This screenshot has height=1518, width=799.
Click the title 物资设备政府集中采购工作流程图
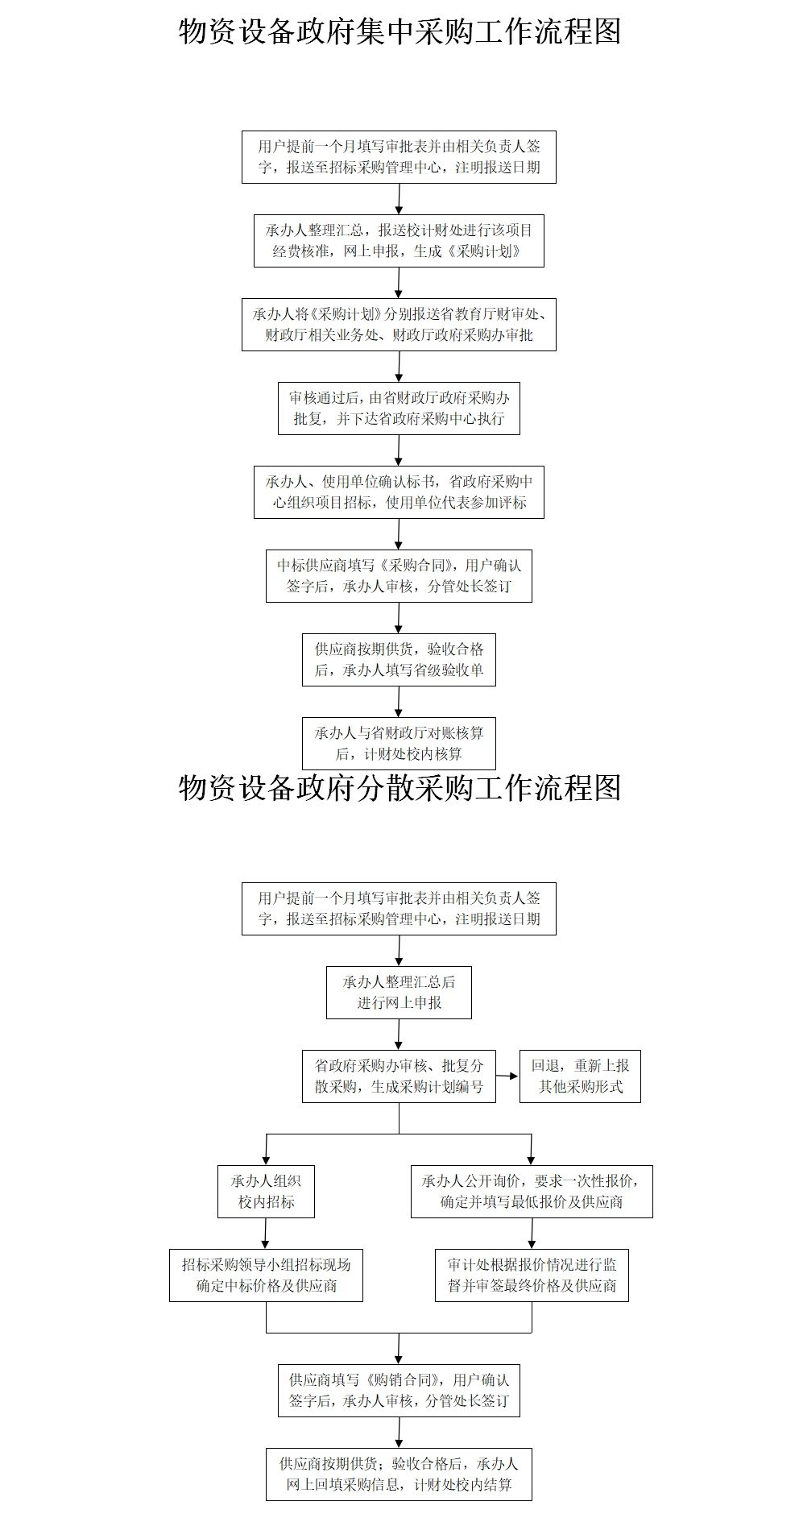[x=399, y=32]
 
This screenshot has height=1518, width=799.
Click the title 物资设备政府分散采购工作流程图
[x=399, y=787]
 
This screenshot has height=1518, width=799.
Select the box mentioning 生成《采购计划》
[x=399, y=240]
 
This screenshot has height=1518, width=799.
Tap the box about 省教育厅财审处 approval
[x=399, y=325]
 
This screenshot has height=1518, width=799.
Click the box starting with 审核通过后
[x=399, y=409]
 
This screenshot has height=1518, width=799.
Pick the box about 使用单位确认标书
[x=399, y=491]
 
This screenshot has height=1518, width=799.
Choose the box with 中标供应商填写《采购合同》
[x=399, y=575]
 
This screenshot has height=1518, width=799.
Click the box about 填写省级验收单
[x=399, y=659]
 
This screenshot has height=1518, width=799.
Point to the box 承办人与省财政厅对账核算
[x=399, y=743]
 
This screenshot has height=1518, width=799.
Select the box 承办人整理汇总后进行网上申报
[x=399, y=992]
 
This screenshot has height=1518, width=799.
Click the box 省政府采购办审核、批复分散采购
[x=399, y=1076]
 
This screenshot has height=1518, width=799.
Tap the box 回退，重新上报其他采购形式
[x=580, y=1076]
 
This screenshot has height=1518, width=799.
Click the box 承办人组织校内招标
[x=266, y=1191]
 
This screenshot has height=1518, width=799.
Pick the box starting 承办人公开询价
[x=532, y=1191]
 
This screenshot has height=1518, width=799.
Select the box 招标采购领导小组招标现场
[x=266, y=1275]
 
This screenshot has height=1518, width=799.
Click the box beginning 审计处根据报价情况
[x=532, y=1275]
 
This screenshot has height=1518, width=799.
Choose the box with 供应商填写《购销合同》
[x=399, y=1390]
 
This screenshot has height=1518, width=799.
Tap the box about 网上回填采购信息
[x=399, y=1474]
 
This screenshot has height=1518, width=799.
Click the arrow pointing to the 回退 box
[x=507, y=1076]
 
